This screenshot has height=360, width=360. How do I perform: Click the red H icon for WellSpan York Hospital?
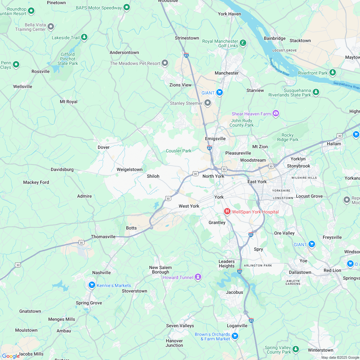[227, 211]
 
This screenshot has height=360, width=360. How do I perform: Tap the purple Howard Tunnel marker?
[198, 277]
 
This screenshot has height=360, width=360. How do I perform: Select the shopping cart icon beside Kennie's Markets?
[92, 285]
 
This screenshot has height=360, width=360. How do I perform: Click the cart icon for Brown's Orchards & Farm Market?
[235, 336]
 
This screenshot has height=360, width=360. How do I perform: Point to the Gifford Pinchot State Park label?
[68, 59]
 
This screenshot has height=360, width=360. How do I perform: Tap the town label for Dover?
[104, 147]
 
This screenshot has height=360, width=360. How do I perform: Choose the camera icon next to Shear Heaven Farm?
[275, 113]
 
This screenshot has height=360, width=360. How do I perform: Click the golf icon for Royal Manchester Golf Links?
[243, 42]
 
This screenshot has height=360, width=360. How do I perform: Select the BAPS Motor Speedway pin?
[127, 7]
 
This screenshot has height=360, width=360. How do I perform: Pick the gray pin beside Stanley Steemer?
[208, 103]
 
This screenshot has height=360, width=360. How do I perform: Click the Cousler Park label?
[178, 151]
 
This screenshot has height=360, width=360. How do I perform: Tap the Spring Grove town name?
[89, 303]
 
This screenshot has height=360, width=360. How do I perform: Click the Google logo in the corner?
[11, 356]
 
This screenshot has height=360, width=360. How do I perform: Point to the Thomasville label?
[103, 237]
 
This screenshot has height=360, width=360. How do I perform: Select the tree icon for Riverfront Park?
[333, 72]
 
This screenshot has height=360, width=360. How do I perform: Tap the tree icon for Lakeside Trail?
[84, 37]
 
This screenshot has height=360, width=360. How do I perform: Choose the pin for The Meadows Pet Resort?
[165, 63]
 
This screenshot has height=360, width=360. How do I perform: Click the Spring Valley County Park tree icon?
[296, 349]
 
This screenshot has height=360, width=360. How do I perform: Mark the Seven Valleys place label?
[180, 326]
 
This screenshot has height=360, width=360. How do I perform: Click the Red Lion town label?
[332, 270]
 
